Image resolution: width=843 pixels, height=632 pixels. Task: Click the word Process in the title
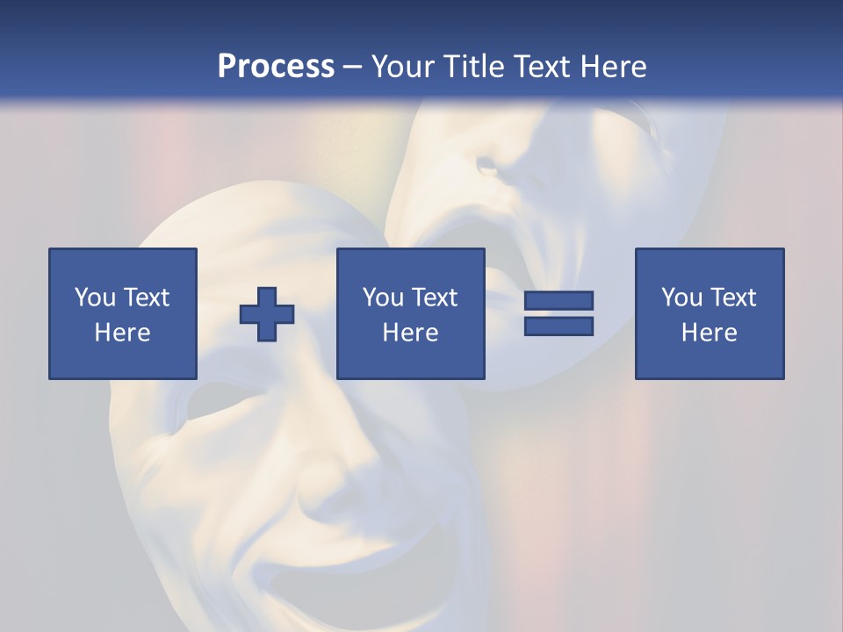276,66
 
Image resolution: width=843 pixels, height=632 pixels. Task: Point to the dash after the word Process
353,68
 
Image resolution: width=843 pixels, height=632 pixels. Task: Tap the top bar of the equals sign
558,301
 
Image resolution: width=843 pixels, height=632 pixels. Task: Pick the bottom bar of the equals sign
558,326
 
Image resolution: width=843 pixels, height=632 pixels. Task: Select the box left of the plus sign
123,313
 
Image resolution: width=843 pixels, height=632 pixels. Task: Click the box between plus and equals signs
411,313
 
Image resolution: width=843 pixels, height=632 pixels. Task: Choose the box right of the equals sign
710,313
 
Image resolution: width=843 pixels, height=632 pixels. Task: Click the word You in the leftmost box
95,298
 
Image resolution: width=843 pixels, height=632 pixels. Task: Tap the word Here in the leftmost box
123,333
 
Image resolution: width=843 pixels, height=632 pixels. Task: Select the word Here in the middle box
411,333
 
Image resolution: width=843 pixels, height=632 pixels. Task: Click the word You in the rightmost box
681,298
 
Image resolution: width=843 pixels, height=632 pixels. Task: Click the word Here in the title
612,66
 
